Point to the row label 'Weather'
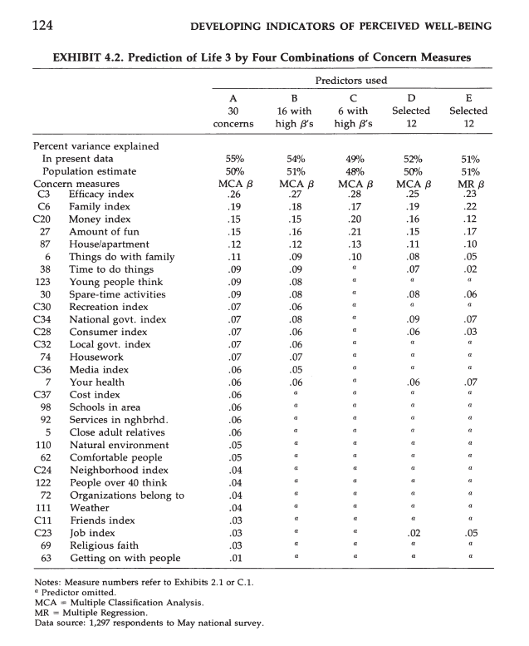(x=89, y=507)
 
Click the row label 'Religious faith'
(x=105, y=545)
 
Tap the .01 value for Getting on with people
(x=235, y=558)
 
